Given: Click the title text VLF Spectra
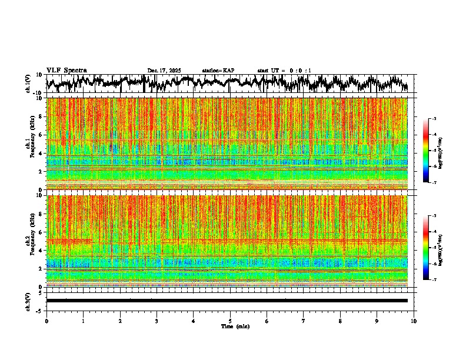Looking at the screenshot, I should click(66, 71).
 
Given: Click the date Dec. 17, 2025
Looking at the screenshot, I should click(164, 71).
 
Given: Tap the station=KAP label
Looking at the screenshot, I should click(218, 71).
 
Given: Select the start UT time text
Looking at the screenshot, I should click(284, 71).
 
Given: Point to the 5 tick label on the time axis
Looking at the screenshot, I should click(231, 321).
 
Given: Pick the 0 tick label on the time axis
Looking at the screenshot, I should click(46, 321).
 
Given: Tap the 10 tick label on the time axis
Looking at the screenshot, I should click(414, 321).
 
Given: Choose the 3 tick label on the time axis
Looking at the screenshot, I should click(157, 321).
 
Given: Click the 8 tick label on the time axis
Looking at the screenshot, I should click(341, 321).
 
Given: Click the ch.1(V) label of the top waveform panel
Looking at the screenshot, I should click(28, 84).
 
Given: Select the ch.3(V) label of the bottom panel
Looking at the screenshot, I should click(28, 301).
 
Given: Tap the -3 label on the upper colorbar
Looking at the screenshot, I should click(440, 119).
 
